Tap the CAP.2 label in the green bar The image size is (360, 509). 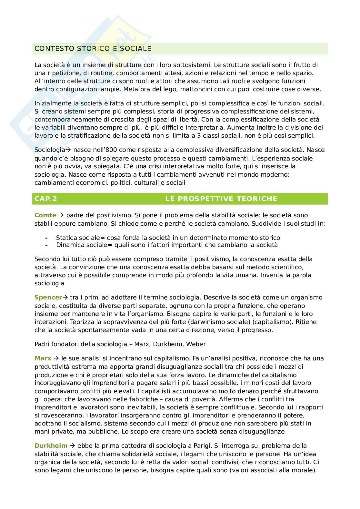45,199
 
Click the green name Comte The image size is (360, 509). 45,215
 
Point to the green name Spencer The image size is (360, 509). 48,298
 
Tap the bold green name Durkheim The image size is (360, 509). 51,446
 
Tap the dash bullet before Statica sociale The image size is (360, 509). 47,238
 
